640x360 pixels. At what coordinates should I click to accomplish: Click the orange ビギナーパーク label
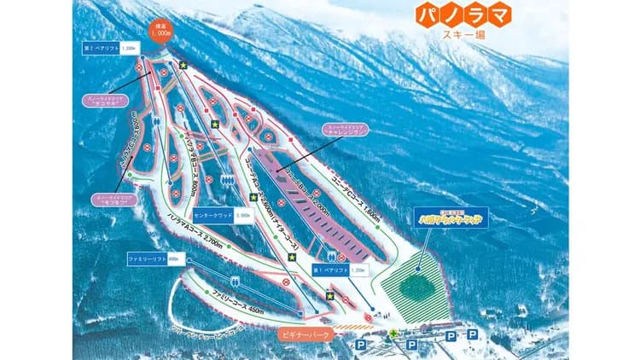(x=305, y=335)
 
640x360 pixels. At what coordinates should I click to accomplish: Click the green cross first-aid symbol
(x=393, y=334)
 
